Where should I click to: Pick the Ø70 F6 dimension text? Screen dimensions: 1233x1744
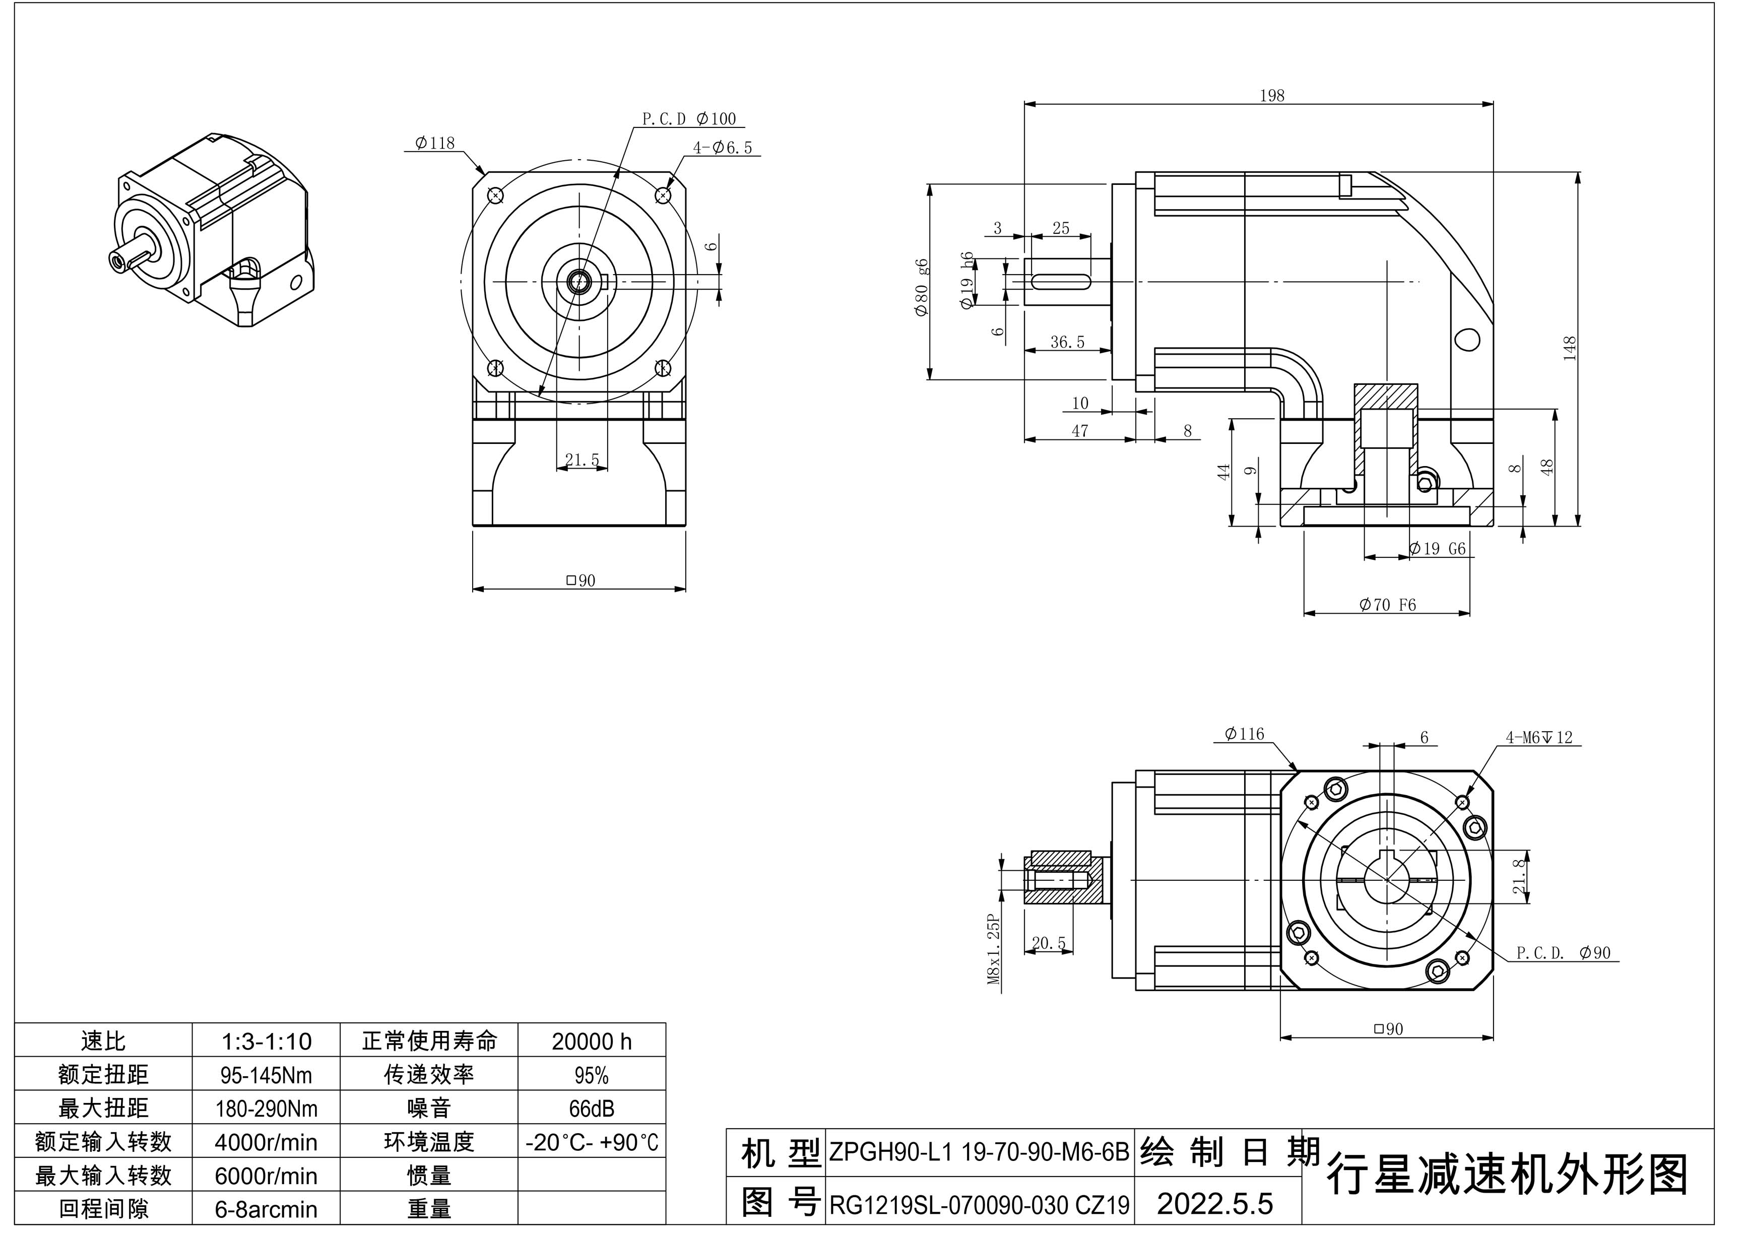(1388, 606)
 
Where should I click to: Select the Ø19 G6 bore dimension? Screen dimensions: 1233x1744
(1437, 549)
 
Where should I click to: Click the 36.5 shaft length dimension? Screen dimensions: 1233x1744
(1067, 343)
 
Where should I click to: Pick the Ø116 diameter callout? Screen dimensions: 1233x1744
(1244, 734)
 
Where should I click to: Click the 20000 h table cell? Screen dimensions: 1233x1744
(592, 1042)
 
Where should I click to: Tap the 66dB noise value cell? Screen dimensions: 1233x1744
(592, 1109)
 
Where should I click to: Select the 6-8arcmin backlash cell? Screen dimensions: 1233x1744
(266, 1209)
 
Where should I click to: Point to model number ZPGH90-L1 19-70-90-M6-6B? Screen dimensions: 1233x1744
(979, 1152)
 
